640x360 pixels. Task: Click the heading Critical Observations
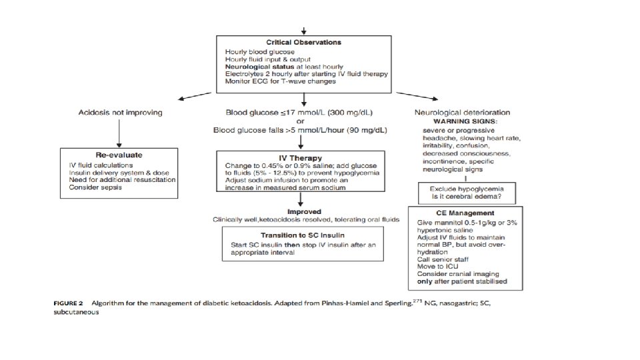(x=304, y=42)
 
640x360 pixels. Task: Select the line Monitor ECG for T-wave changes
(x=281, y=81)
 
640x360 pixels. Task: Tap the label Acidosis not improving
(x=121, y=112)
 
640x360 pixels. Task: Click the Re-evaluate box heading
(x=119, y=155)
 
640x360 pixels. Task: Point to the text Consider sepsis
(x=95, y=187)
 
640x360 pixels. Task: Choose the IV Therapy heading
(x=301, y=158)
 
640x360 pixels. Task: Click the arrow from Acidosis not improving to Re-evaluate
(x=119, y=133)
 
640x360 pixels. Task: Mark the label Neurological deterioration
(x=463, y=112)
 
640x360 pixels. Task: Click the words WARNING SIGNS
(x=465, y=121)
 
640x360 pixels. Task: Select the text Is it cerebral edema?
(x=467, y=196)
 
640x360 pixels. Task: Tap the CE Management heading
(x=465, y=213)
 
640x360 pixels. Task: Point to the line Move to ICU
(x=437, y=267)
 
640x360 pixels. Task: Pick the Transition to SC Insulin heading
(x=303, y=235)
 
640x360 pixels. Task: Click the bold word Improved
(x=304, y=212)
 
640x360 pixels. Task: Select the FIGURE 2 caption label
(x=68, y=303)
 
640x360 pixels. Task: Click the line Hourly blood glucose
(x=259, y=52)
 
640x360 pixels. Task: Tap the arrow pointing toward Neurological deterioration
(x=417, y=96)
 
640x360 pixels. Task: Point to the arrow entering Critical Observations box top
(x=304, y=31)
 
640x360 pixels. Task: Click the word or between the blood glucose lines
(x=301, y=121)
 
